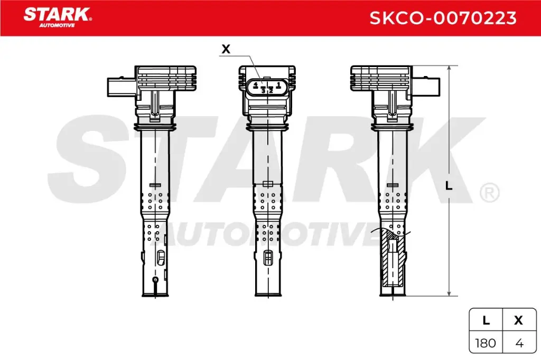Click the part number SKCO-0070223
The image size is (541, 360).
(443, 18)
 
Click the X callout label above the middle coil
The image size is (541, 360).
(226, 49)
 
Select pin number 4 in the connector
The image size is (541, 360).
(255, 84)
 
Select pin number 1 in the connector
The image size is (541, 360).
(278, 84)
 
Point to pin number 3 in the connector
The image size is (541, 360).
(263, 90)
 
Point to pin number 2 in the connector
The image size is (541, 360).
(270, 90)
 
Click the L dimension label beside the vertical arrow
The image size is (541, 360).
(449, 186)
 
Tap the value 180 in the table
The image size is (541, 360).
(486, 343)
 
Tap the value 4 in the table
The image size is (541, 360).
(519, 343)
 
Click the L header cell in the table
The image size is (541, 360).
(486, 320)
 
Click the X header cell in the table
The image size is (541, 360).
(519, 320)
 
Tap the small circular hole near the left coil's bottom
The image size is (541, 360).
(155, 280)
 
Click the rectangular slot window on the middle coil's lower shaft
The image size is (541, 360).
(268, 258)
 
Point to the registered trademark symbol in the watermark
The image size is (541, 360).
(489, 193)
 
